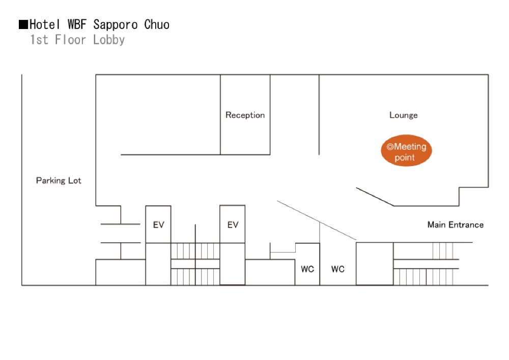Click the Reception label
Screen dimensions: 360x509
[x=245, y=115]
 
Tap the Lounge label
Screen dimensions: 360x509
[x=403, y=115]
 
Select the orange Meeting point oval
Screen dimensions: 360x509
[x=406, y=152]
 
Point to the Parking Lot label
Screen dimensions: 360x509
[x=59, y=180]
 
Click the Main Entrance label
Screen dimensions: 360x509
[x=455, y=225]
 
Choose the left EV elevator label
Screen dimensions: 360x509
[x=158, y=225]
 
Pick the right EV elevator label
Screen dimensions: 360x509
[x=233, y=225]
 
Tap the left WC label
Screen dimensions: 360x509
[x=307, y=269]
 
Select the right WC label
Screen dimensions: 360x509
[x=338, y=269]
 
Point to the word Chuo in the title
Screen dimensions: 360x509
[x=157, y=24]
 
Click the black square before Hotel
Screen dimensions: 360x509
[x=23, y=24]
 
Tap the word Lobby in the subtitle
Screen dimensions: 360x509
[x=109, y=40]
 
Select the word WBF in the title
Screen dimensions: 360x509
[x=77, y=24]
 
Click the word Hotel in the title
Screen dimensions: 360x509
[x=46, y=24]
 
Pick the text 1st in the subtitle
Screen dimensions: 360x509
[x=39, y=40]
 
